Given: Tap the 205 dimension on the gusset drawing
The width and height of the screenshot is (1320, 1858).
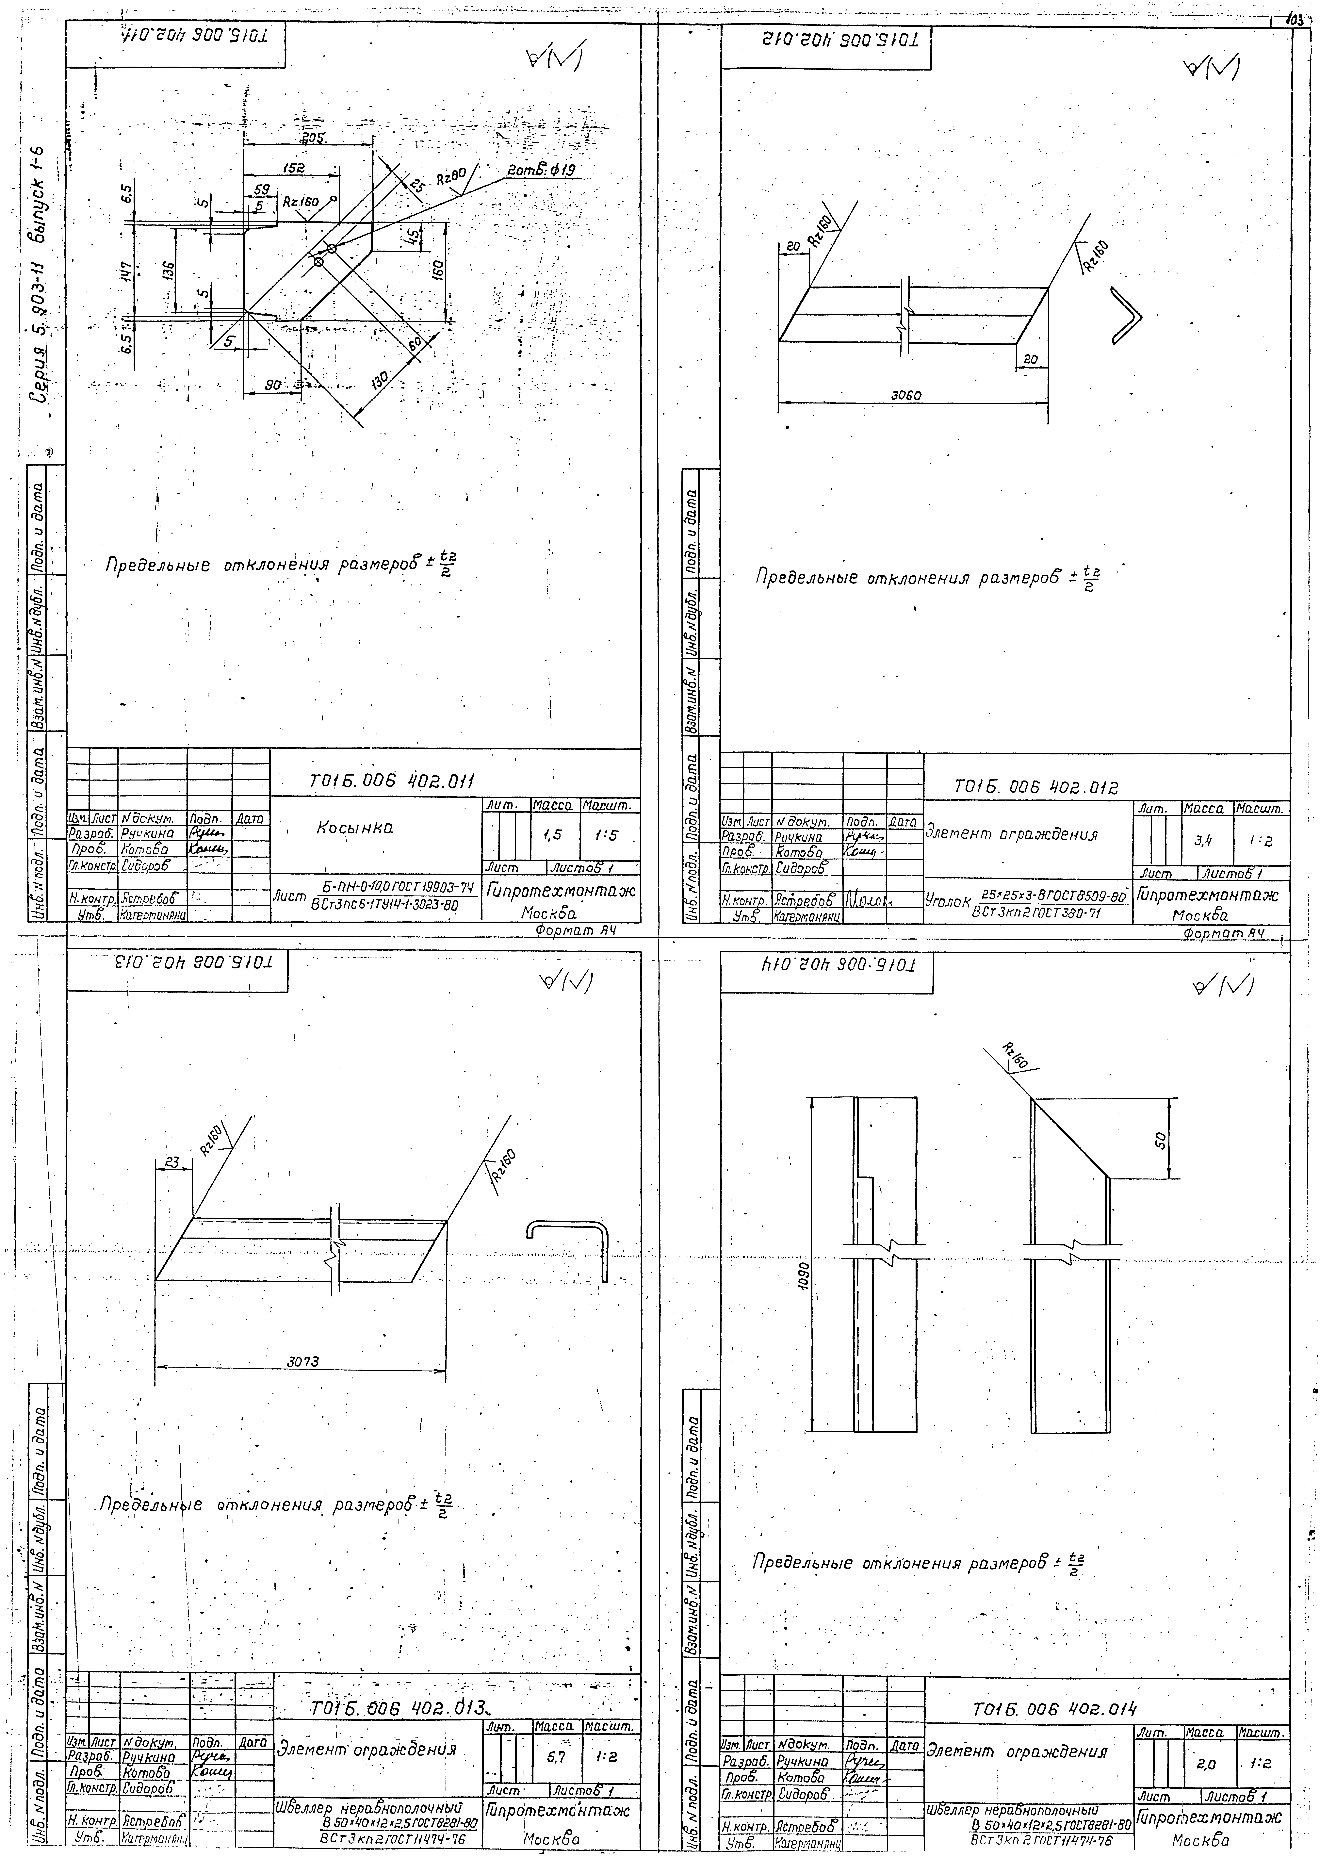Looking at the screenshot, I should (311, 139).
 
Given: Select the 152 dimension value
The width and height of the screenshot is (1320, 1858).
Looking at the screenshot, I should (294, 168).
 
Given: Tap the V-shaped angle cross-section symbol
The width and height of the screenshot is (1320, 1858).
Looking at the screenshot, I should (1126, 317).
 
